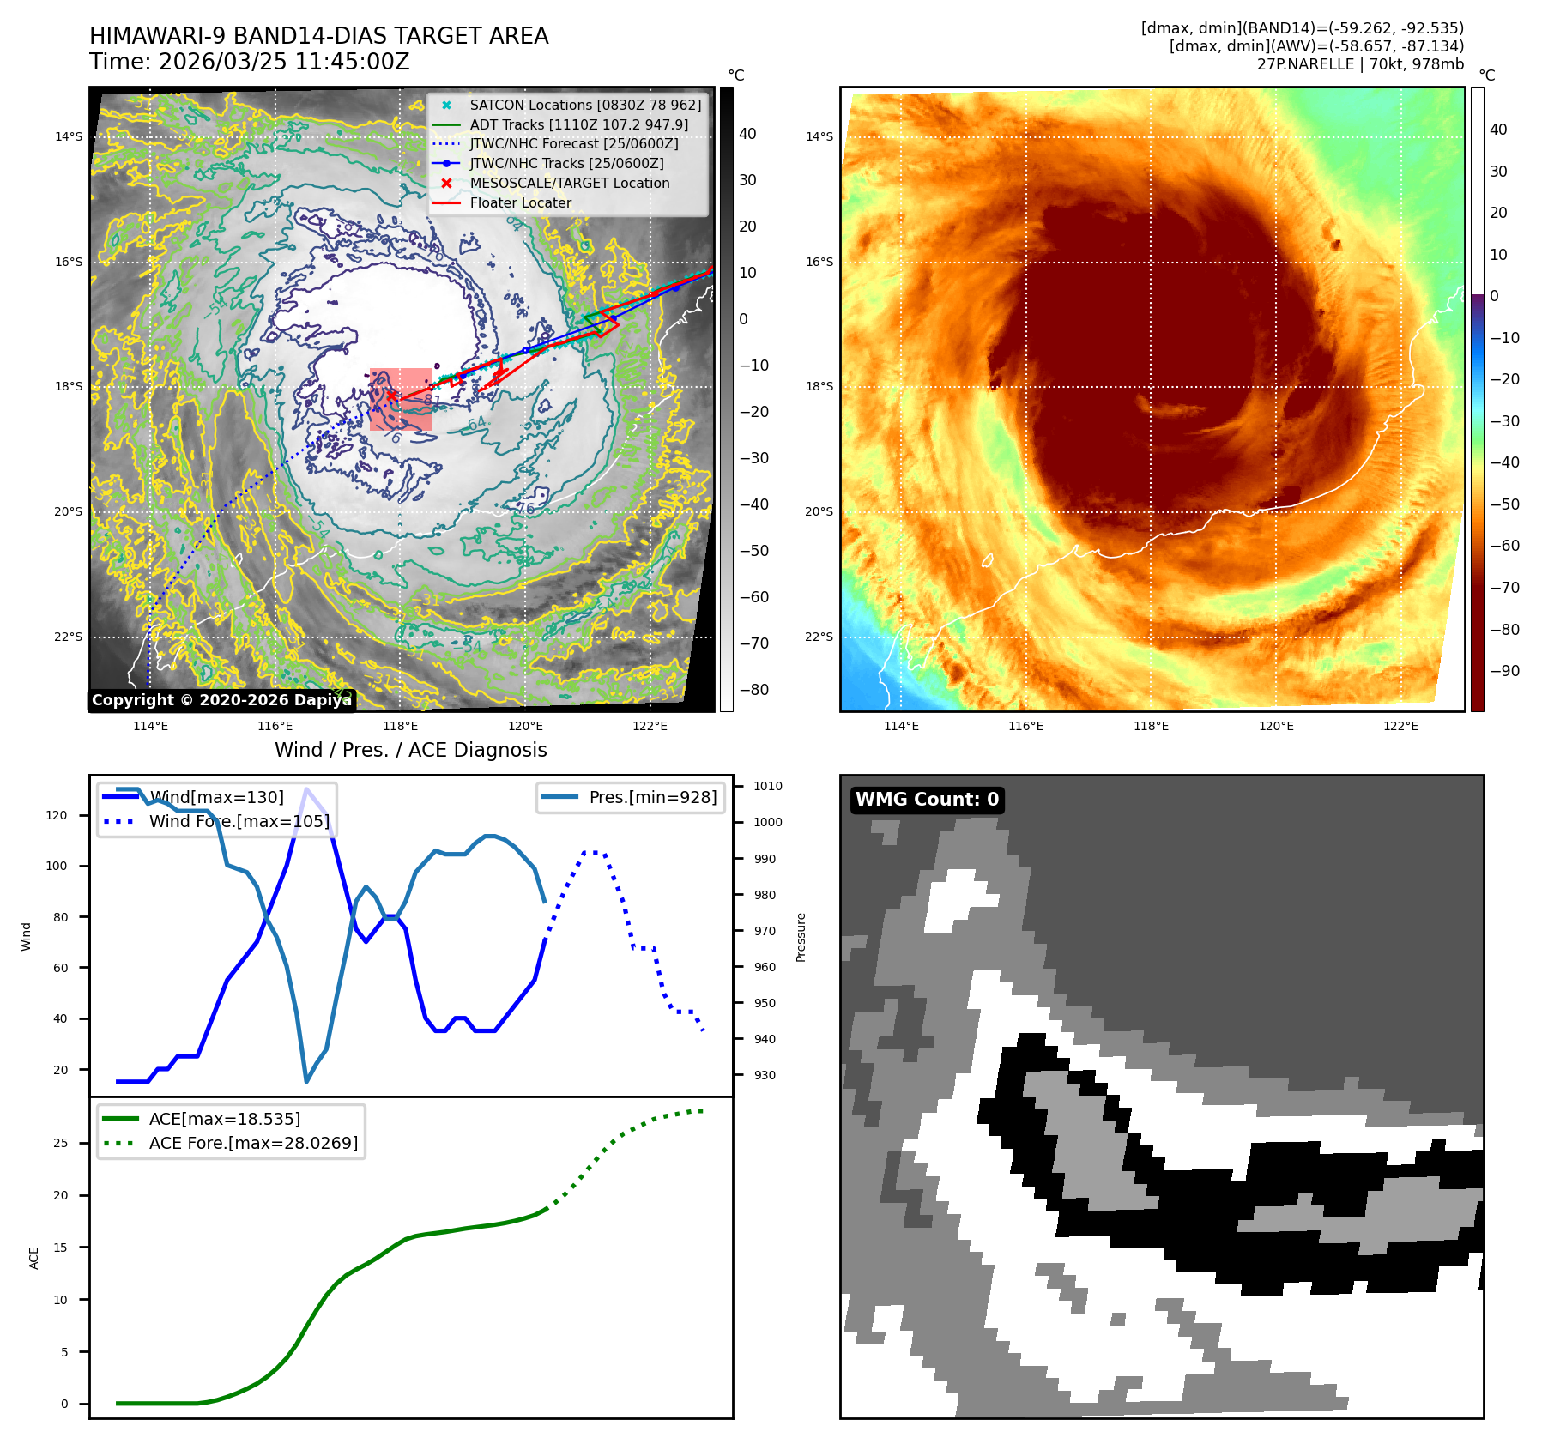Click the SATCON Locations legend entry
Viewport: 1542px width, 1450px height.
pyautogui.click(x=584, y=105)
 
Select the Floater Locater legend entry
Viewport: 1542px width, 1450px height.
pyautogui.click(x=520, y=202)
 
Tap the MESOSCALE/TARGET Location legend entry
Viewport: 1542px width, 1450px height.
pyautogui.click(x=569, y=183)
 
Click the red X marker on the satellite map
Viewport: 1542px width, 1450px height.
pyautogui.click(x=391, y=396)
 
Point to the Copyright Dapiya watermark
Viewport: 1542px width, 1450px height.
pyautogui.click(x=221, y=700)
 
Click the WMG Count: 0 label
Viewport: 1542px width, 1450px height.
pyautogui.click(x=927, y=800)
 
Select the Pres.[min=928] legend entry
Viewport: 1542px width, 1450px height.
pyautogui.click(x=652, y=797)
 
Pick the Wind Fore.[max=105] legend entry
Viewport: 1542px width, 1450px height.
pyautogui.click(x=239, y=821)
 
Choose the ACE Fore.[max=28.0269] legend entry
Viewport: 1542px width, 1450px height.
pyautogui.click(x=253, y=1143)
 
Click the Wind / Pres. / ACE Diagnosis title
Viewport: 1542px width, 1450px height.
pyautogui.click(x=410, y=750)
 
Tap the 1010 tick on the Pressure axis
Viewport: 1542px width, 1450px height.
pyautogui.click(x=767, y=786)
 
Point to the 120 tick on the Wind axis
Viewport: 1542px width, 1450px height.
pyautogui.click(x=57, y=815)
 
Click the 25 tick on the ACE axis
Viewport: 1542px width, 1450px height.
pyautogui.click(x=60, y=1143)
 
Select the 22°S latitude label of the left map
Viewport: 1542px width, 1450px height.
pyautogui.click(x=69, y=637)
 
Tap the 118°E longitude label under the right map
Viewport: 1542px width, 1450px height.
pyautogui.click(x=1151, y=726)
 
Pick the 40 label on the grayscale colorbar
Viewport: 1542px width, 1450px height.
pyautogui.click(x=747, y=134)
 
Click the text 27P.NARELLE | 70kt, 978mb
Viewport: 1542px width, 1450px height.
pyautogui.click(x=1360, y=64)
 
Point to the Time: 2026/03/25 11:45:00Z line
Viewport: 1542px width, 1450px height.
pyautogui.click(x=250, y=62)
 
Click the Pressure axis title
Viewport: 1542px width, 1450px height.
pyautogui.click(x=801, y=937)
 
